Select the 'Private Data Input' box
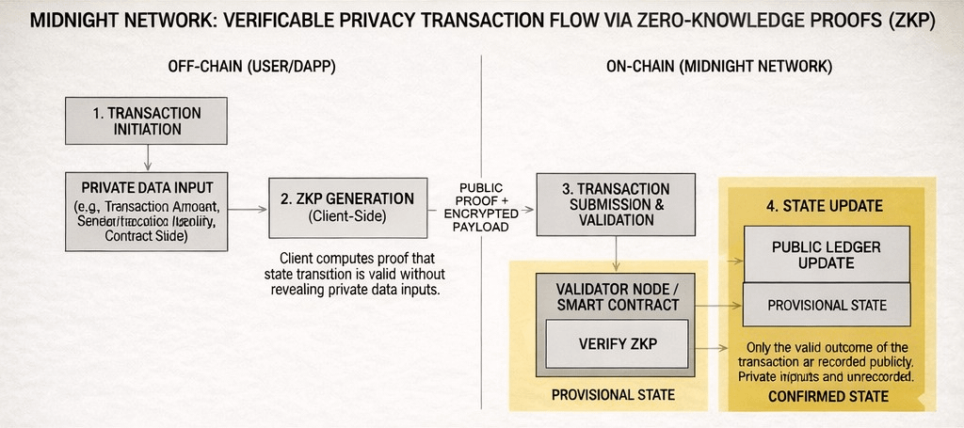147,212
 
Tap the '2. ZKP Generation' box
347,207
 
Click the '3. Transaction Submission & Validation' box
616,204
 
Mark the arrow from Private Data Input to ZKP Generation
248,209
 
